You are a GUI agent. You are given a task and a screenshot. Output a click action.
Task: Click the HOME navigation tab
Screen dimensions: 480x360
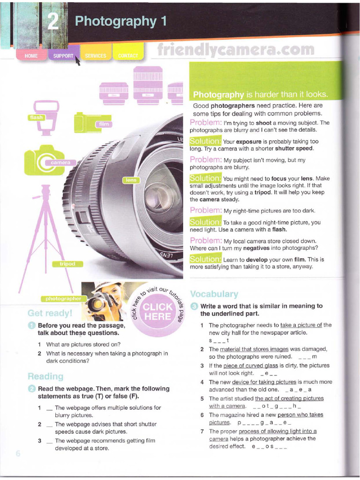click(x=31, y=56)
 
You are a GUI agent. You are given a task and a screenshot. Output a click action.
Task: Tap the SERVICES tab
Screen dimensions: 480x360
click(x=96, y=56)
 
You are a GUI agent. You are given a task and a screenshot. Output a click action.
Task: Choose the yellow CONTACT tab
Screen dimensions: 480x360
click(x=128, y=56)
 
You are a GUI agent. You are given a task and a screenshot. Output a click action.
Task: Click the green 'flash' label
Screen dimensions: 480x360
click(x=37, y=118)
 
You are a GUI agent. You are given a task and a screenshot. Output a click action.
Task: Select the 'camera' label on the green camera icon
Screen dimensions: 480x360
click(x=60, y=163)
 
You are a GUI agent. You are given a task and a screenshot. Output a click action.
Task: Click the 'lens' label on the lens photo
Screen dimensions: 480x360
click(x=130, y=180)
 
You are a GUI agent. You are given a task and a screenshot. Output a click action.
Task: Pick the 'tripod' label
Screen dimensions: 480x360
click(x=67, y=264)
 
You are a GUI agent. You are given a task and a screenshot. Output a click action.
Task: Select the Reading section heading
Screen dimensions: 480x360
click(x=45, y=376)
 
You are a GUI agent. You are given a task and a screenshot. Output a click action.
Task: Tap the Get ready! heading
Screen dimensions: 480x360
click(x=50, y=313)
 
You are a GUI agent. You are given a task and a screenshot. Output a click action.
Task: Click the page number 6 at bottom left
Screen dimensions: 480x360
click(x=18, y=453)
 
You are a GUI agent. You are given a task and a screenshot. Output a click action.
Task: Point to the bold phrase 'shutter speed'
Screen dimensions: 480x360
click(x=293, y=149)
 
